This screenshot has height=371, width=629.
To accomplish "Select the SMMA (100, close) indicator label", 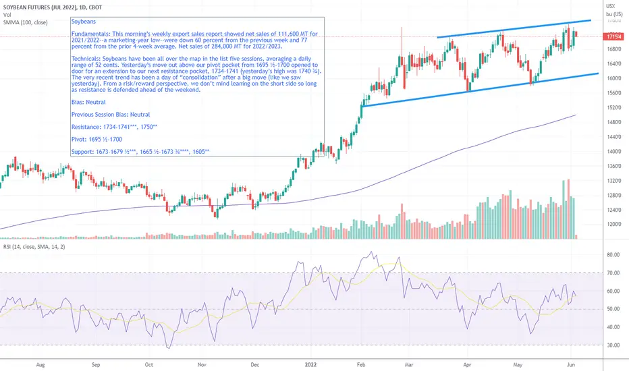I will pos(23,22).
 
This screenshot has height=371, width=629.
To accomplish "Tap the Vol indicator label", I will pos(6,13).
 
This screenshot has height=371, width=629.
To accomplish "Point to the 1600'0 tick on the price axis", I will pos(614,78).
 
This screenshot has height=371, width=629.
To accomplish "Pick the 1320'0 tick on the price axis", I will pos(614,181).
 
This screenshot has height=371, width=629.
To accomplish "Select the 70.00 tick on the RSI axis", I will pos(613,273).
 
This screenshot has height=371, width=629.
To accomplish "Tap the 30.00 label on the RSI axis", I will pos(613,345).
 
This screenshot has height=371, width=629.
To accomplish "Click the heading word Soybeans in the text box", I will pos(83,22).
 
